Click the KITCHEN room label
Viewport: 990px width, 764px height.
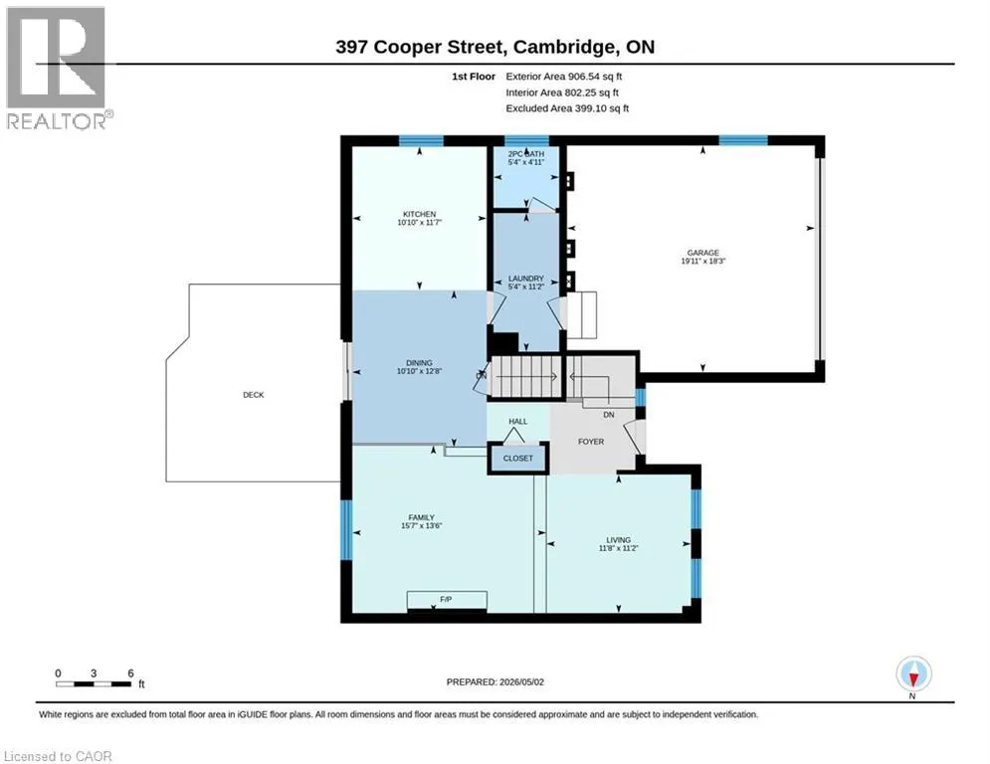coord(419,214)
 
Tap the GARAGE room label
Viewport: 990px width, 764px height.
coord(702,253)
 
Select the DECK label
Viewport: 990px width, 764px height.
coord(253,395)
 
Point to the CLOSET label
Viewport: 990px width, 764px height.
coord(517,458)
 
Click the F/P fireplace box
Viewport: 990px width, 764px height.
coord(447,601)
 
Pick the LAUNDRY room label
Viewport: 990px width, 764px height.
coord(526,279)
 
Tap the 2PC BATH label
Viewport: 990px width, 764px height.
coord(526,153)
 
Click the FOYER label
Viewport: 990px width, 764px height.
coord(591,442)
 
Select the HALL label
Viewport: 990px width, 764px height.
coord(517,421)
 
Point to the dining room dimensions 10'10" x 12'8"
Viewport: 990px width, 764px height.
coord(419,371)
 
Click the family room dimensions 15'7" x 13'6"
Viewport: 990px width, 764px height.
coord(421,525)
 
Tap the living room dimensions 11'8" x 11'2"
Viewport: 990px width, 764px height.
coord(618,548)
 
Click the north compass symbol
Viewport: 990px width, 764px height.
coord(913,674)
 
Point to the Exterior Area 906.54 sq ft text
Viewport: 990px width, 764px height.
coord(564,77)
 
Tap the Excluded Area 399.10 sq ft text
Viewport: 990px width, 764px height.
coord(567,108)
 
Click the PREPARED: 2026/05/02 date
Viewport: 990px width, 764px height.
coord(495,681)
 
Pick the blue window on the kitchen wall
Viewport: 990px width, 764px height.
coord(421,141)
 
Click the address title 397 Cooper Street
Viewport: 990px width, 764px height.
coord(420,47)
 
